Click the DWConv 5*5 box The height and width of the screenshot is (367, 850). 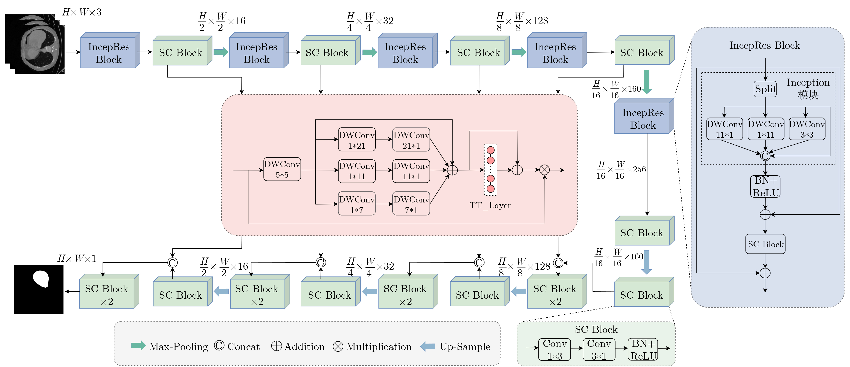point(282,169)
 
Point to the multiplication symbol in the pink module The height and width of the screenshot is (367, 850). point(544,170)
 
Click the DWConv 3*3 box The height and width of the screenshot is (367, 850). point(807,129)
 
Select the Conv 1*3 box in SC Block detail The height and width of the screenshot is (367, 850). point(555,349)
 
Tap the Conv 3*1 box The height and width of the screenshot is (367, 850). point(599,349)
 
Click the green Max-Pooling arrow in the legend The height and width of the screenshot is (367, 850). point(138,346)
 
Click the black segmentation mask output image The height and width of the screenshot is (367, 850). point(39,289)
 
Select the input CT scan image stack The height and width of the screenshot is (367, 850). point(35,44)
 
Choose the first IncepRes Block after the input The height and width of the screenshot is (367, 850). point(109,53)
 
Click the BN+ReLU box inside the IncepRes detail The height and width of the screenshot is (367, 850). point(765,187)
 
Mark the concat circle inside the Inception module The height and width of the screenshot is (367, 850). point(765,156)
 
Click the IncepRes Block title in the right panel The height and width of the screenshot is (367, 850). point(764,45)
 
